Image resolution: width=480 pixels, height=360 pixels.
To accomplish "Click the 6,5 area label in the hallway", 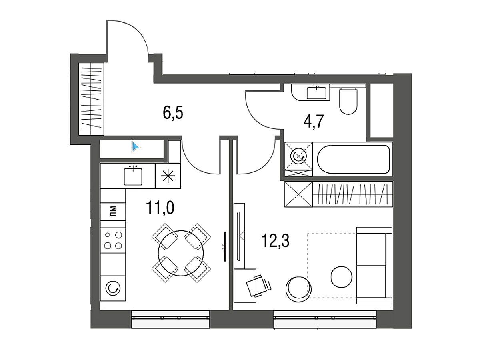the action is pyautogui.click(x=173, y=112).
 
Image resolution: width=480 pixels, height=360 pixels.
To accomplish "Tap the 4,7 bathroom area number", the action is pyautogui.click(x=314, y=122).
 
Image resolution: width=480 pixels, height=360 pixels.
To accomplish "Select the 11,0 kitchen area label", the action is pyautogui.click(x=160, y=208).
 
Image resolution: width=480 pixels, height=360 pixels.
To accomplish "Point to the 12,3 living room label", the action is pyautogui.click(x=275, y=241).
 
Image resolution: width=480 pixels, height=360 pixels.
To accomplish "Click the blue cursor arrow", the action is pyautogui.click(x=135, y=146).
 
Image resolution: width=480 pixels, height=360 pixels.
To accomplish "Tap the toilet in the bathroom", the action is pyautogui.click(x=348, y=101).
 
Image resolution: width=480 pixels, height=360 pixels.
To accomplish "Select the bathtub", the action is pyautogui.click(x=354, y=159).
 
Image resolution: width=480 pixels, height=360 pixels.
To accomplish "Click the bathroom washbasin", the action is pyautogui.click(x=316, y=93).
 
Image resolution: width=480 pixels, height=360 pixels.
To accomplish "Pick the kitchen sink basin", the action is pyautogui.click(x=133, y=177).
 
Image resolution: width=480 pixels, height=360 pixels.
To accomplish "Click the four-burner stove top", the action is pyautogui.click(x=113, y=240).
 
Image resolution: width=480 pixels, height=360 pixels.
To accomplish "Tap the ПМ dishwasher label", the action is pyautogui.click(x=113, y=211).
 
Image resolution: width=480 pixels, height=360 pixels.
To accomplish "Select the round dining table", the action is pyautogui.click(x=181, y=253).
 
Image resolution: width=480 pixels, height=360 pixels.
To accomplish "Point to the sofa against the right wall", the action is pyautogui.click(x=374, y=265).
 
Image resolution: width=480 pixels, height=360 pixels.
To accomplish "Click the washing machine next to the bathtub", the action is pyautogui.click(x=298, y=156).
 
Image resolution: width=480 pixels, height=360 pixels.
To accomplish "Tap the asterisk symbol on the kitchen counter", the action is pyautogui.click(x=168, y=176).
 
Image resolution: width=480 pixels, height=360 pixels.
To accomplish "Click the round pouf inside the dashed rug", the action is pyautogui.click(x=341, y=277).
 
